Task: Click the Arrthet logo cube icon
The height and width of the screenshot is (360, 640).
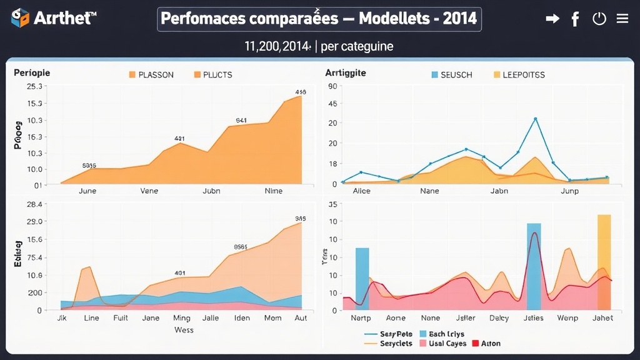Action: [20, 18]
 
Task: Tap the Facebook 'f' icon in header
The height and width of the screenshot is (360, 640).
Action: [575, 19]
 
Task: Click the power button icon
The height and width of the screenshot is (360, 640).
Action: [599, 19]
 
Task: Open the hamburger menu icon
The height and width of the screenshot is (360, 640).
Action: [622, 19]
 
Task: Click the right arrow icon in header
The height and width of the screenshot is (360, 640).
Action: [552, 19]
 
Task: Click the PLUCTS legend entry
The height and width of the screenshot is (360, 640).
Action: [213, 74]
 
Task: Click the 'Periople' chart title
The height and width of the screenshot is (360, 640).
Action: [32, 72]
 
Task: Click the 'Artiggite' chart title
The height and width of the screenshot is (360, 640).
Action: [346, 72]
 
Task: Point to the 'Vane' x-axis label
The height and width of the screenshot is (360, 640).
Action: [149, 191]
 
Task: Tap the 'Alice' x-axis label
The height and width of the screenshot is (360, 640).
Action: [361, 191]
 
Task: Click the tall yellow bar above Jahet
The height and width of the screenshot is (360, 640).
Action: [604, 262]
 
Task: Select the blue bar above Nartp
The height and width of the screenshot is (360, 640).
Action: [362, 279]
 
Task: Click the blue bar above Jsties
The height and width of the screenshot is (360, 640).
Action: [534, 266]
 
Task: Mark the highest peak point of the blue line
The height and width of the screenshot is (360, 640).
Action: [535, 118]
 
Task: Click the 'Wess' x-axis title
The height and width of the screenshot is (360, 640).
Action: [184, 329]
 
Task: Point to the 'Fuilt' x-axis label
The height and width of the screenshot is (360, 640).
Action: [121, 317]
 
